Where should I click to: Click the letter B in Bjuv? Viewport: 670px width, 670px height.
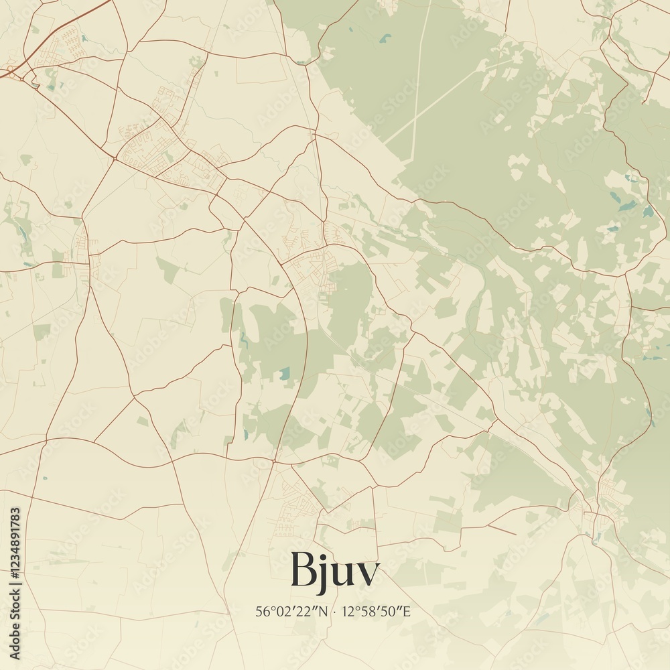304,571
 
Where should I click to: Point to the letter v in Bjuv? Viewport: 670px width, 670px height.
368,575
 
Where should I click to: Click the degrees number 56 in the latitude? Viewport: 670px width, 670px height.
262,612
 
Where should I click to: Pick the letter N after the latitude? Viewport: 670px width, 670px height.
324,612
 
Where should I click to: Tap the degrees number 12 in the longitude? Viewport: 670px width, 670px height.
347,612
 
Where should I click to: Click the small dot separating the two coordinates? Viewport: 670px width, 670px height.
334,612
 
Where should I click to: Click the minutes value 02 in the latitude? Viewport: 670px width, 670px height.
283,612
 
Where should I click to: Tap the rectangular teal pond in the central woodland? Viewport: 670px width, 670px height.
285,373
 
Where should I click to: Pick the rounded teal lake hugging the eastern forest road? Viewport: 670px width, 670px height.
648,212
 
